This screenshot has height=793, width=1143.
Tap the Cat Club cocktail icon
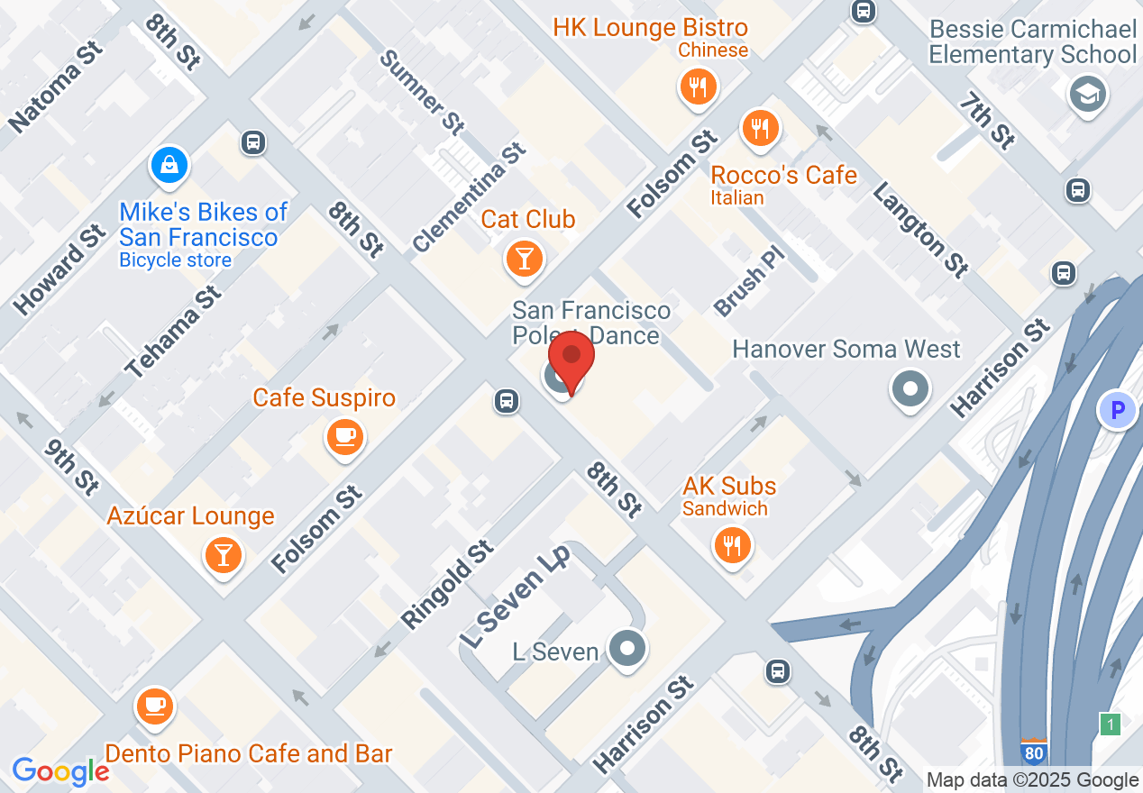tap(524, 258)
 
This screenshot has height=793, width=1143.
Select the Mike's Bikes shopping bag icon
tap(169, 164)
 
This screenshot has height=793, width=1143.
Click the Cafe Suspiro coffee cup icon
tap(343, 437)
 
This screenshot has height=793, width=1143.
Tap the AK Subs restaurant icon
tap(731, 545)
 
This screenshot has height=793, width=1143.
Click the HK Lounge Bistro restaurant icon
tap(697, 87)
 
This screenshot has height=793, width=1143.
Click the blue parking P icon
tap(1118, 411)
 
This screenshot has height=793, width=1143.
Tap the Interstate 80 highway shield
tap(1034, 751)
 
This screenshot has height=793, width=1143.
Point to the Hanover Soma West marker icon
tap(910, 389)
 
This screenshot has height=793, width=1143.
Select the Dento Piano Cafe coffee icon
tap(155, 705)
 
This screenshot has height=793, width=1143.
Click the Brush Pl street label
tap(750, 278)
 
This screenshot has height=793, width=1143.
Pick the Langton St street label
tap(919, 229)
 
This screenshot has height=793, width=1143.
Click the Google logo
tap(60, 771)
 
